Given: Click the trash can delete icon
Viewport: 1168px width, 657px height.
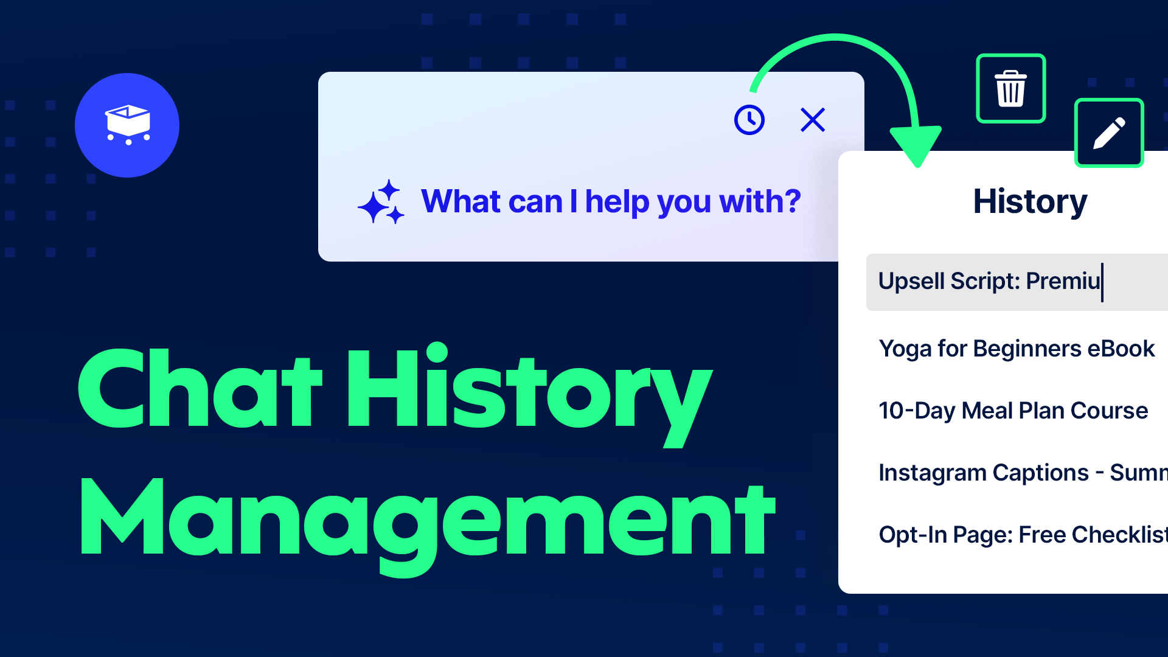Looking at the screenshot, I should tap(1010, 89).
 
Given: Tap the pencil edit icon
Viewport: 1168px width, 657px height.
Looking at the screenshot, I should tap(1109, 133).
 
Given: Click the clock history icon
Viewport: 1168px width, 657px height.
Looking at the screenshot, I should tap(749, 120).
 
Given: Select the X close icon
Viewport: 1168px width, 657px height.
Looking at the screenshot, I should tap(813, 120).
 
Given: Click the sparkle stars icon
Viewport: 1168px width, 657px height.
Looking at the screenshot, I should tap(381, 202).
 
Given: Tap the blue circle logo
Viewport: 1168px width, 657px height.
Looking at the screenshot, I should tap(127, 125).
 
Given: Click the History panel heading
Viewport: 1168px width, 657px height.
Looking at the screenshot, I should tap(1030, 201).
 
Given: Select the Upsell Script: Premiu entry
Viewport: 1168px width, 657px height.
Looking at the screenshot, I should tap(989, 282).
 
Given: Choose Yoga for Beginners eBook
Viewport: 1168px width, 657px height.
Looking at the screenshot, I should tap(1017, 349).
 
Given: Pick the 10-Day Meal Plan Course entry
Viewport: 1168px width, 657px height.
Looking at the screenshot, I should tap(1013, 411).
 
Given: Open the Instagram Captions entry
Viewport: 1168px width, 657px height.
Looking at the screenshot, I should tap(1022, 473).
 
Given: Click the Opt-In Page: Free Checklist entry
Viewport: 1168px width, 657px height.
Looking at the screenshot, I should tap(1022, 535).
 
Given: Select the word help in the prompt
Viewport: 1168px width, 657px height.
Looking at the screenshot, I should tap(617, 202).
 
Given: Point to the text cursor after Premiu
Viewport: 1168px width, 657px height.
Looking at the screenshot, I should tap(1102, 282).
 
